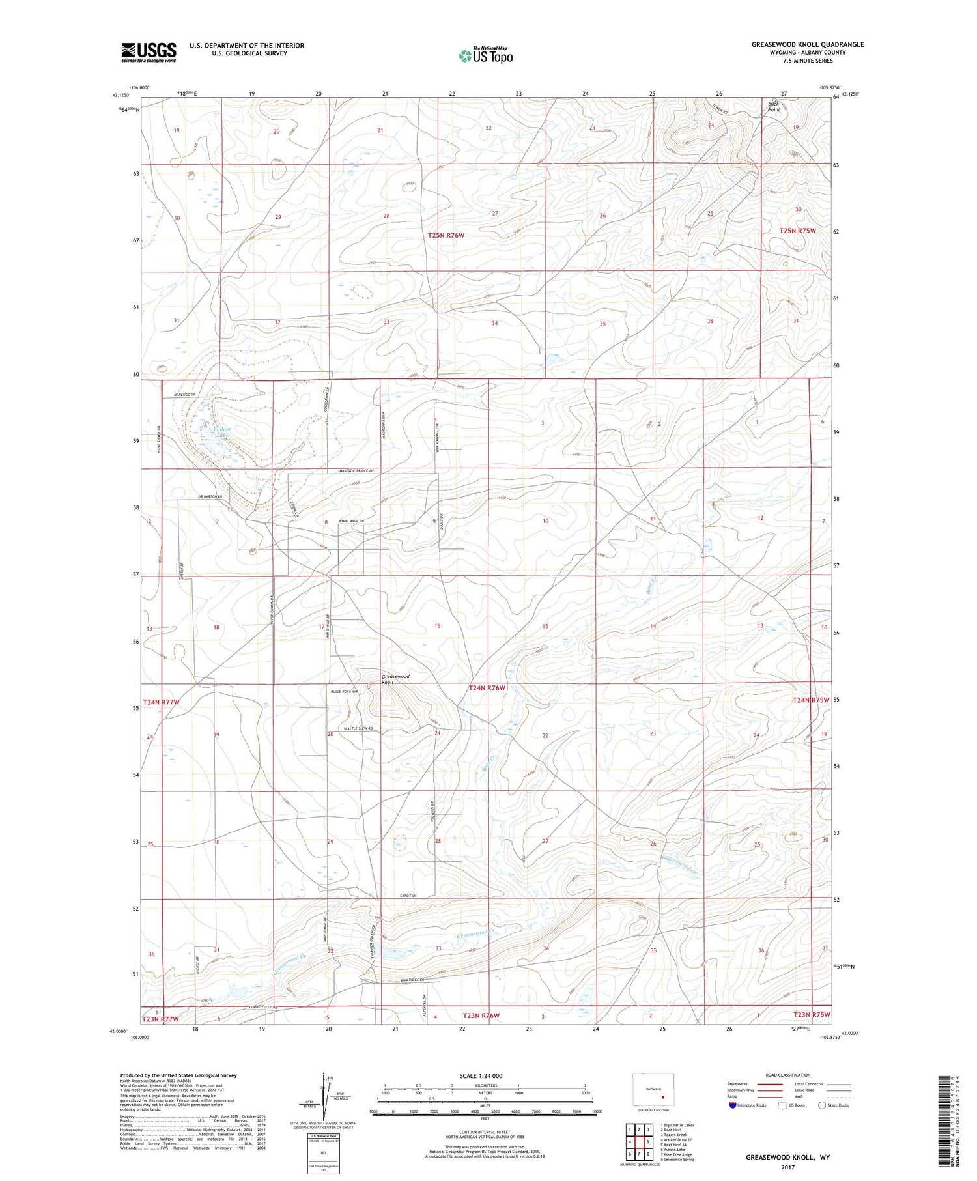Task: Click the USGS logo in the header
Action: (x=149, y=52)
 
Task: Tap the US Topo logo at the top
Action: (x=486, y=56)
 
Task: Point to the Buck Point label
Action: (x=774, y=106)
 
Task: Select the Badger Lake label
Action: (x=222, y=433)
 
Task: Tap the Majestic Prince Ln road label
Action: (x=356, y=471)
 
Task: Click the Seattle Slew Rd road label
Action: (x=358, y=728)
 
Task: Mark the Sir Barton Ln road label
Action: (x=201, y=497)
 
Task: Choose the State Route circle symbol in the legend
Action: (x=822, y=1105)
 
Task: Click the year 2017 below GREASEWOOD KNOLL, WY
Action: (x=787, y=1167)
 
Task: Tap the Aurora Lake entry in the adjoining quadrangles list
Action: (x=672, y=1150)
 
